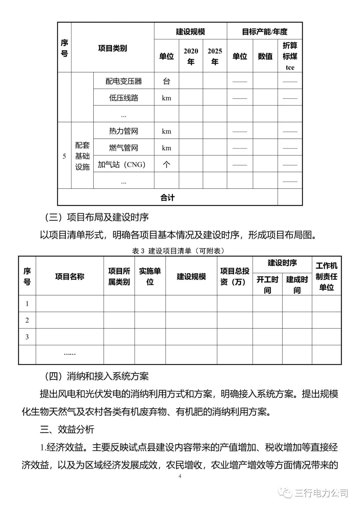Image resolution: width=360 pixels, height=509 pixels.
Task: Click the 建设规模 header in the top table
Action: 190,32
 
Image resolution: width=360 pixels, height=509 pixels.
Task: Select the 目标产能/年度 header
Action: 264,32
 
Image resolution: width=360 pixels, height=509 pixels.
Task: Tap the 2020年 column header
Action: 191,56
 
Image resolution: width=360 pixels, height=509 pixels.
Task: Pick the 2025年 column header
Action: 215,56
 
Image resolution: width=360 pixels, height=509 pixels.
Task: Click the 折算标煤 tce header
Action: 290,56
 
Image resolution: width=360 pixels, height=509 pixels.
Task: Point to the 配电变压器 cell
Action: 123,81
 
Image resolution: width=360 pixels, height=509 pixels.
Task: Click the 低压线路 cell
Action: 123,98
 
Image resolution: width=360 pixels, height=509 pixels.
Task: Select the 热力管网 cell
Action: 123,131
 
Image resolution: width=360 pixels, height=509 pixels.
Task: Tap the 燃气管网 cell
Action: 123,148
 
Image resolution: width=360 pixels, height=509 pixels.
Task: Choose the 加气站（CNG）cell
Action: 122,164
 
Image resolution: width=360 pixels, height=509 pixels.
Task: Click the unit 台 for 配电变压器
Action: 166,81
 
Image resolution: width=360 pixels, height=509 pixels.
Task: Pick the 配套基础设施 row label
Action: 82,156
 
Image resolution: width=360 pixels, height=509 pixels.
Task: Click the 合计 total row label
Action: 167,197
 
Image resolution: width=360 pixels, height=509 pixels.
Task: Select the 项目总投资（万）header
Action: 235,276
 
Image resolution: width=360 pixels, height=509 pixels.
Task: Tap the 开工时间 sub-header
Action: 267,285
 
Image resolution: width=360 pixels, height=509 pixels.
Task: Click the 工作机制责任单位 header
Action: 326,276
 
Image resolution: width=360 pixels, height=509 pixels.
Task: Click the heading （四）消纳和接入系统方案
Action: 97,376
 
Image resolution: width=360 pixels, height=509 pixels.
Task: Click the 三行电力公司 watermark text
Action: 321,493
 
